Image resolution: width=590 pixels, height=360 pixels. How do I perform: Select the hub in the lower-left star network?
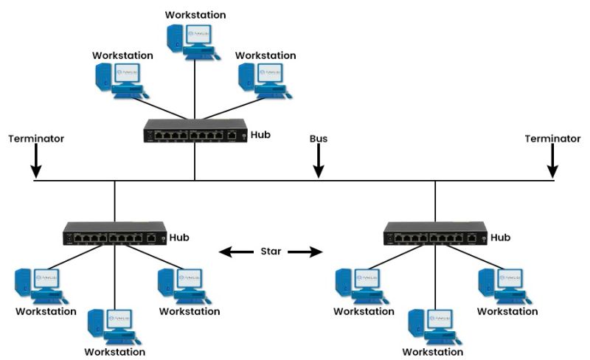click(x=115, y=234)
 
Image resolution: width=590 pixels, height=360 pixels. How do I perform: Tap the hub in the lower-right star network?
click(x=435, y=234)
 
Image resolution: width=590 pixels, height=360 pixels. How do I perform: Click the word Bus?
click(x=319, y=138)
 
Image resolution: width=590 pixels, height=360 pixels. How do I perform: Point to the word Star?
click(x=271, y=252)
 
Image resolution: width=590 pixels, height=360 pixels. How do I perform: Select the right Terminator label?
click(x=552, y=138)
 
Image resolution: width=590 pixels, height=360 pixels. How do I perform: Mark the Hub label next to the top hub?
click(x=261, y=134)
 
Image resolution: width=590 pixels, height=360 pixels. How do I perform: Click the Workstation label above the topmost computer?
click(x=195, y=15)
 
